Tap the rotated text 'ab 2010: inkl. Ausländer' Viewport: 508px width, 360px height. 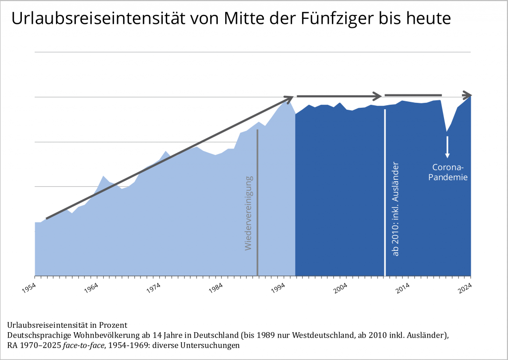coord(395,209)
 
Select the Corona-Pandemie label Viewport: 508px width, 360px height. coord(447,172)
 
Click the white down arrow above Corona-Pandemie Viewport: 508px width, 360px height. coord(447,146)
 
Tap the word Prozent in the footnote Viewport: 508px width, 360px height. coord(112,325)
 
